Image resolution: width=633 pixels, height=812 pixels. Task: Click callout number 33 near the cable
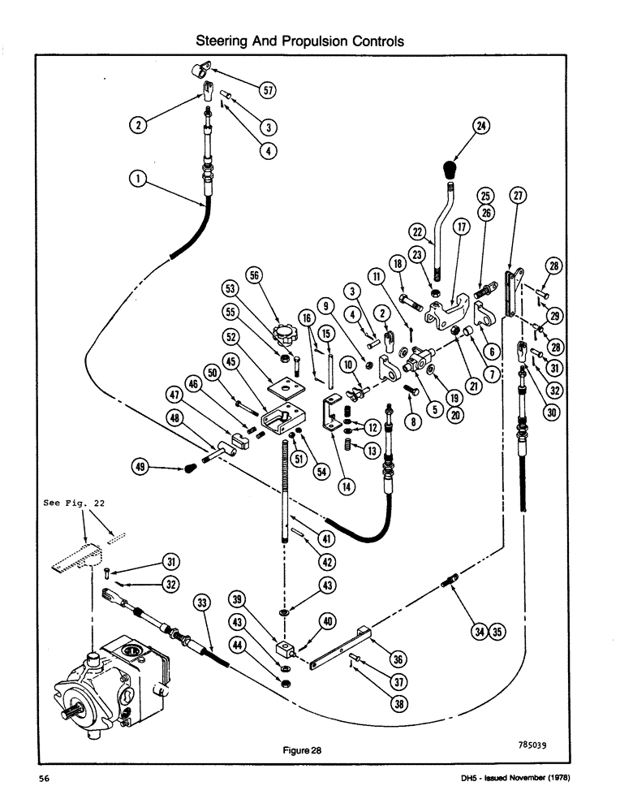(x=203, y=603)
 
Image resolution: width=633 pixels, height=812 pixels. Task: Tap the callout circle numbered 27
(x=518, y=196)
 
